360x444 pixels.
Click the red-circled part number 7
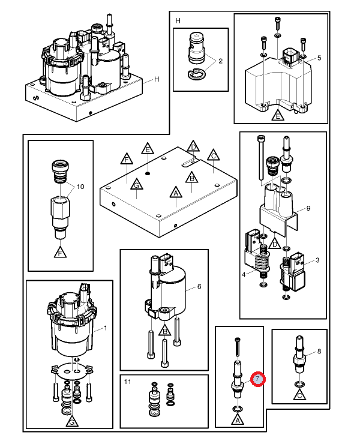click(257, 379)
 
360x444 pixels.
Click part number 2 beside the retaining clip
click(220, 61)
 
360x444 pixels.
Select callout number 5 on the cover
click(319, 58)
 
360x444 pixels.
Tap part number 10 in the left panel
click(80, 187)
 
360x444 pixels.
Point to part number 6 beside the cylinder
click(199, 287)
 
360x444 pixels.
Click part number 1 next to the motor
click(106, 328)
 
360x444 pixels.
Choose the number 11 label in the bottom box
click(128, 382)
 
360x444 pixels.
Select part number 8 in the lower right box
click(319, 352)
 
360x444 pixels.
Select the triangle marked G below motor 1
click(72, 422)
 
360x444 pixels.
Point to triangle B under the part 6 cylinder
click(164, 331)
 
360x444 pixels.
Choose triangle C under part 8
click(299, 394)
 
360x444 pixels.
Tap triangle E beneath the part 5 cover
click(278, 116)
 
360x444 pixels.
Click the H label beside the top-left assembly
click(157, 79)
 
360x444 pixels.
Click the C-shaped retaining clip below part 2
click(196, 74)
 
